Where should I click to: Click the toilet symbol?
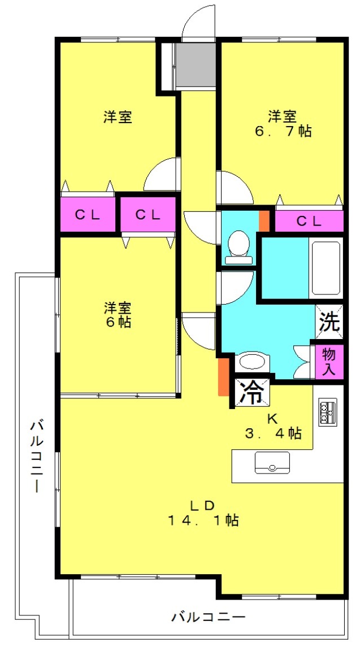tap(238, 247)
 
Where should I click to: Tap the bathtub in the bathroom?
tap(326, 268)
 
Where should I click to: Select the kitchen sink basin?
tap(272, 463)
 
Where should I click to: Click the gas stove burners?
tap(327, 412)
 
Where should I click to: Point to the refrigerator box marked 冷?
tap(253, 391)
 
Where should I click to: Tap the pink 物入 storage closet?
tap(329, 362)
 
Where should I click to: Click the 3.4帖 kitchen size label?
tap(273, 433)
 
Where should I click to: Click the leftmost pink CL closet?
tap(88, 215)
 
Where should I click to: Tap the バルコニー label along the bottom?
tap(209, 617)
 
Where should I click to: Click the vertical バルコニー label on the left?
tap(37, 456)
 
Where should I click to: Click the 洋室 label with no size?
tap(118, 117)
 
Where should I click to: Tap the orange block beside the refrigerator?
tap(223, 377)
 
